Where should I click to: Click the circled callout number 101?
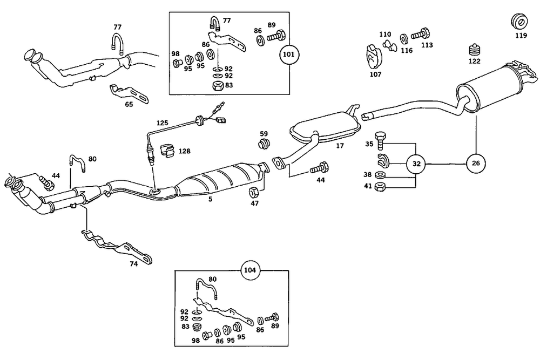[x=289, y=55]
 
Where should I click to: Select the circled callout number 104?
[x=249, y=270]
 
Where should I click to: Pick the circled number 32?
[x=416, y=162]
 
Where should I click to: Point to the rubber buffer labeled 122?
[x=474, y=51]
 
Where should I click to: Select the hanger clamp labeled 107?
[x=371, y=54]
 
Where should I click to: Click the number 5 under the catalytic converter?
[x=210, y=199]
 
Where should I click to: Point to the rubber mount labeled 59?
[x=264, y=144]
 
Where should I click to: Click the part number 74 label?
[x=133, y=264]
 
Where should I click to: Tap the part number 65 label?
[x=129, y=104]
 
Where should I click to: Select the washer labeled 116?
[x=403, y=39]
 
